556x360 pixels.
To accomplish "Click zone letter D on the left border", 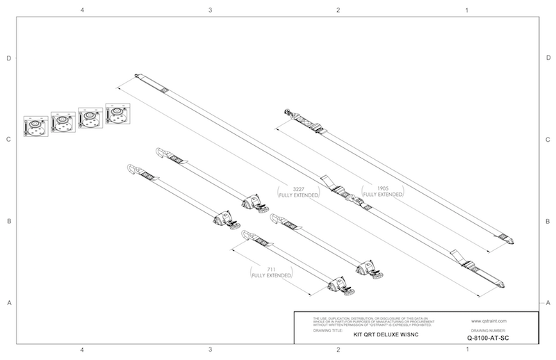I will (8, 58).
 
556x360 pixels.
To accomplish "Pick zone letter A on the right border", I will (549, 302).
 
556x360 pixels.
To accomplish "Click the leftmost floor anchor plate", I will (34, 126).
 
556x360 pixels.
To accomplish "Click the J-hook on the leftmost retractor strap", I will (133, 170).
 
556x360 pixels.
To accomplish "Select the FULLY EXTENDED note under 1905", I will (382, 195).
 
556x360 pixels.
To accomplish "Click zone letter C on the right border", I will (549, 140).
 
